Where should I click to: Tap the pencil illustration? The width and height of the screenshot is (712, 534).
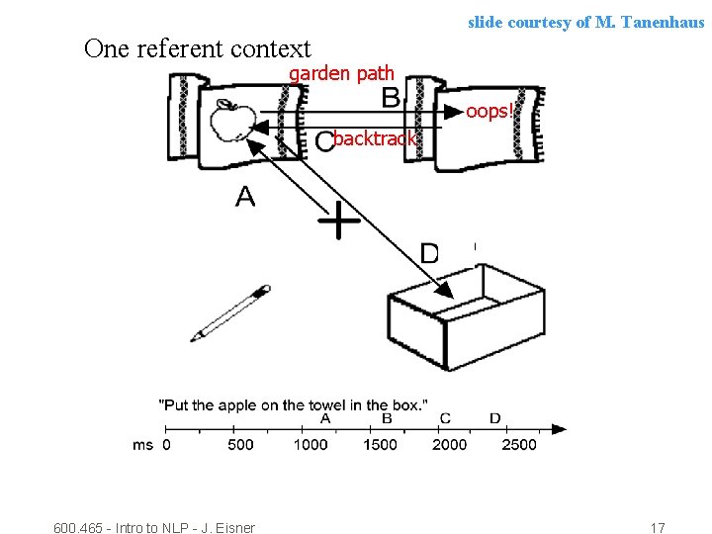[x=230, y=312]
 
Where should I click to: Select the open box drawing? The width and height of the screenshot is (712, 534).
[x=466, y=321]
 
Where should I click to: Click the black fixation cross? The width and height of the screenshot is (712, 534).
[x=338, y=221]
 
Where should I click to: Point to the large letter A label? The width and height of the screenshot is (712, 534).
[x=245, y=198]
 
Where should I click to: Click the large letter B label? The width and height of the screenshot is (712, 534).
[x=391, y=98]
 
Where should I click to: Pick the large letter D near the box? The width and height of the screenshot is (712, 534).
[x=430, y=254]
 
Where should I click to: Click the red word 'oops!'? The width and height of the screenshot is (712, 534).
[x=489, y=111]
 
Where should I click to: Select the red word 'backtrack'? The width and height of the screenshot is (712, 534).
[x=375, y=138]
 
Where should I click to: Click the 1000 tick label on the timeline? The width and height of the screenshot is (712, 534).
[x=311, y=445]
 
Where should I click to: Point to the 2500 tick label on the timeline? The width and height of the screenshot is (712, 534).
[x=518, y=445]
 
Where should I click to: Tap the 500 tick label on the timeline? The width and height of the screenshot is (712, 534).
[x=240, y=445]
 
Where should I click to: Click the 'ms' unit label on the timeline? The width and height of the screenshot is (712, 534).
[x=142, y=445]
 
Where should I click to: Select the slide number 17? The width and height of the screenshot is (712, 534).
[x=658, y=528]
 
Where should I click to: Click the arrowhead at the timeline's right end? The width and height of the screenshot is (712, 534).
[x=560, y=429]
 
